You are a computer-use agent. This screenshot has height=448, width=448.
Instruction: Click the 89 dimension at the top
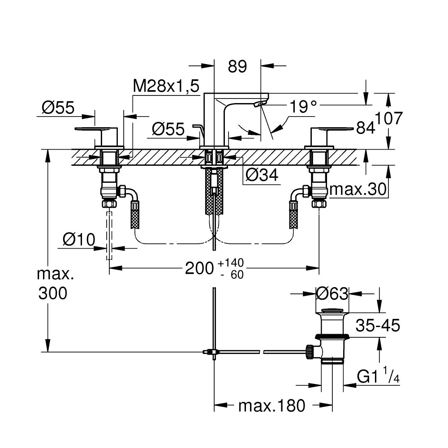pyautogui.click(x=237, y=67)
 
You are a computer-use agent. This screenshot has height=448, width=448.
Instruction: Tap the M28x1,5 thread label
pyautogui.click(x=166, y=86)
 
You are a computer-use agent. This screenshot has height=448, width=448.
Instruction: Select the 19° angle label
pyautogui.click(x=303, y=107)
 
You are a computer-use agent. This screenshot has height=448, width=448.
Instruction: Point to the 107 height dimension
pyautogui.click(x=388, y=118)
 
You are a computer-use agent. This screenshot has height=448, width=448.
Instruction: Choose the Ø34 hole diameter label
pyautogui.click(x=262, y=175)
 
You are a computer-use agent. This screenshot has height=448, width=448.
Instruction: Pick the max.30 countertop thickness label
pyautogui.click(x=358, y=189)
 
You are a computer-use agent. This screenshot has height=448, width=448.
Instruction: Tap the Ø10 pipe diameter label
pyautogui.click(x=79, y=239)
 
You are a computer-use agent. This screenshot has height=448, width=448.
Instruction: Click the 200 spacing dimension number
pyautogui.click(x=199, y=268)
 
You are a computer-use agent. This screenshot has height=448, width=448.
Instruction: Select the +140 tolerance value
pyautogui.click(x=231, y=262)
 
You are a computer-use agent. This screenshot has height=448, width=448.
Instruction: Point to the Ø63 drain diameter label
pyautogui.click(x=332, y=294)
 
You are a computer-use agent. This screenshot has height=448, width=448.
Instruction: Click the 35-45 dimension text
pyautogui.click(x=378, y=325)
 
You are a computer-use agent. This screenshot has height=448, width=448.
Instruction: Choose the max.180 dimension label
pyautogui.click(x=272, y=405)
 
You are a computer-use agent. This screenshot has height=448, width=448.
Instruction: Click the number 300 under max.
pyautogui.click(x=53, y=293)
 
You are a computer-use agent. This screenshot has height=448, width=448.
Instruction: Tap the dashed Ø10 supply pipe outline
pyautogui.click(x=109, y=236)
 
